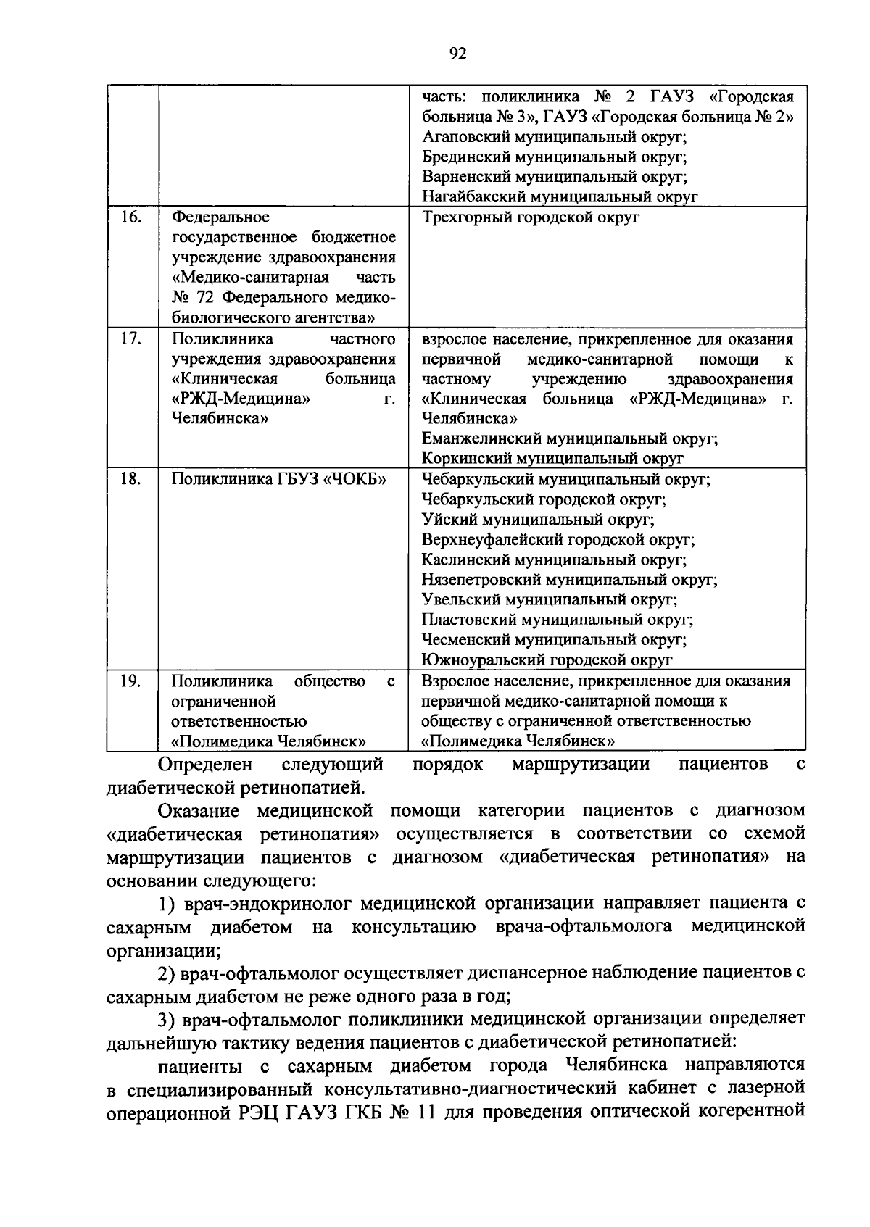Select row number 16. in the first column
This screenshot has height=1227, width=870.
130,217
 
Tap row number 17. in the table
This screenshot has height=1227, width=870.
130,338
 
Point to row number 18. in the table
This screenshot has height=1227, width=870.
130,479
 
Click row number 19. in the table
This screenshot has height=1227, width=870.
130,681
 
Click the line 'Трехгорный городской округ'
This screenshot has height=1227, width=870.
531,217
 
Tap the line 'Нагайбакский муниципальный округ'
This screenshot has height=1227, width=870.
560,196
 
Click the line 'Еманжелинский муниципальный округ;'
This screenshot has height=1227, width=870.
570,438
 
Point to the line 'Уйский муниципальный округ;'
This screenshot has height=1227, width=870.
538,520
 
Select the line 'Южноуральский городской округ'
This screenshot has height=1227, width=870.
547,660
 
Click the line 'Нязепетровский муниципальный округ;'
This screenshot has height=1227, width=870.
570,580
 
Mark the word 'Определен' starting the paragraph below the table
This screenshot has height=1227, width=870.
205,764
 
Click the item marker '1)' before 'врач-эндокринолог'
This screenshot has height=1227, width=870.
169,904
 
